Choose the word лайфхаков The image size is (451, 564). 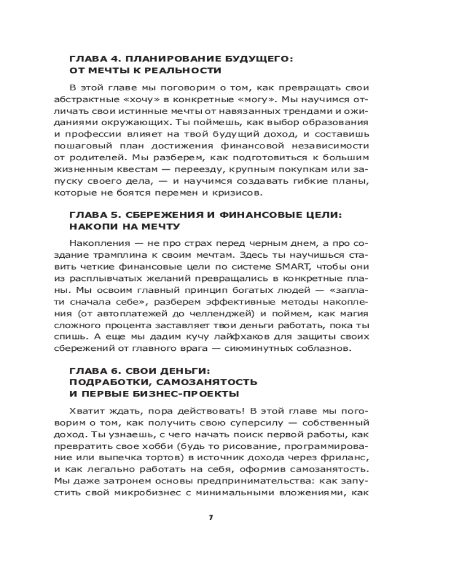coord(213,337)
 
